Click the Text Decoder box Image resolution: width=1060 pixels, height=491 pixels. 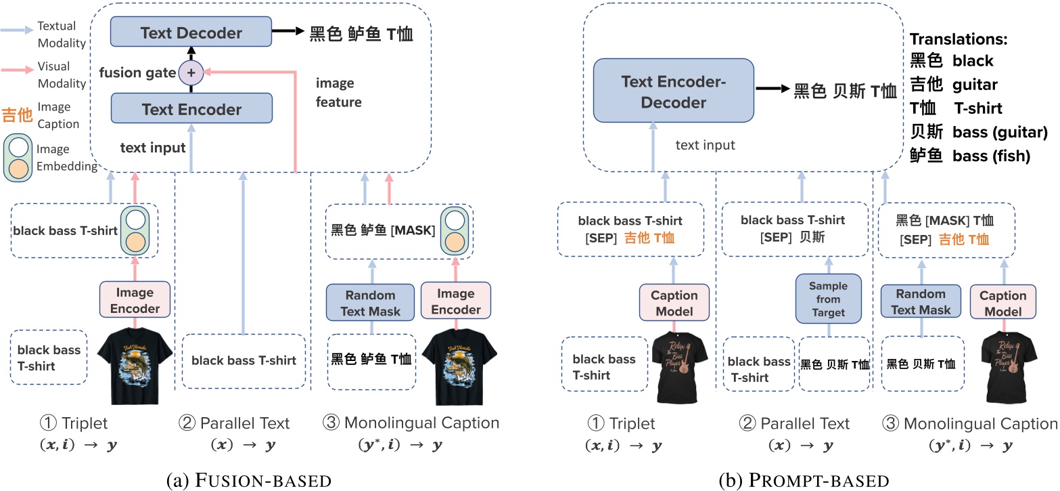click(191, 33)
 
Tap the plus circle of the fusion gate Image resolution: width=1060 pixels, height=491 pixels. click(191, 71)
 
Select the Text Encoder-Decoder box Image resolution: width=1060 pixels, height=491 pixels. click(673, 91)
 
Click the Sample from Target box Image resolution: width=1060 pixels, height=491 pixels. click(827, 298)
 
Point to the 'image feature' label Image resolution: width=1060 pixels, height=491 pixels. click(338, 93)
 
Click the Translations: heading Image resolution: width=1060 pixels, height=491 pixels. click(959, 40)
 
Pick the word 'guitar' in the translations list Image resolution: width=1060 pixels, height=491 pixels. click(975, 85)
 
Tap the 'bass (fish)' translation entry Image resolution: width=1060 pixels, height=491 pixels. click(991, 156)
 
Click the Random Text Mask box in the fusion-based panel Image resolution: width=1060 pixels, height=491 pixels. click(370, 302)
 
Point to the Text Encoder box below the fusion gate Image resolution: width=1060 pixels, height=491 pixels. click(191, 108)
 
